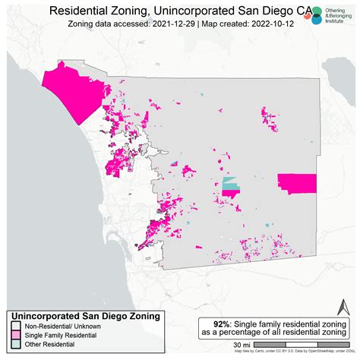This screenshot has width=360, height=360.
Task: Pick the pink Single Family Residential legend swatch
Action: (15, 335)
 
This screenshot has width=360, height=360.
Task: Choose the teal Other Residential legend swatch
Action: (15, 346)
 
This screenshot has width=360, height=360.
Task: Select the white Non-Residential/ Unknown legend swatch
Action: (15, 325)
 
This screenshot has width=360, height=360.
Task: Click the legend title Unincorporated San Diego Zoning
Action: (84, 315)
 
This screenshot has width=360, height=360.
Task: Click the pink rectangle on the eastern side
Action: (297, 183)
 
